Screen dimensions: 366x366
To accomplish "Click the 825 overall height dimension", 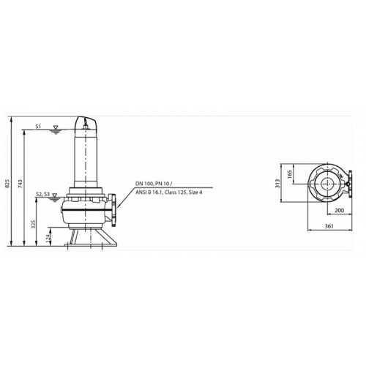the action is click(7, 184).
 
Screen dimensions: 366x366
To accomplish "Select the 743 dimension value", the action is click(20, 184).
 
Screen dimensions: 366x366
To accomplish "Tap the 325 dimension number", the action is click(34, 224).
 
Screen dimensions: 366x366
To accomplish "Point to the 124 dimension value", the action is click(49, 236).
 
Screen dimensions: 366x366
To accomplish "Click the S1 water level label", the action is click(38, 126).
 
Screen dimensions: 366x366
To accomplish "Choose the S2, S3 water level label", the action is click(42, 194).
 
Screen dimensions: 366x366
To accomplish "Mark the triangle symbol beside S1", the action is click(56, 127).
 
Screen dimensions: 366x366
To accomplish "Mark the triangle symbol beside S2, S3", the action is click(55, 195).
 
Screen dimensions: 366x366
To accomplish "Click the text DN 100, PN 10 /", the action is click(155, 183).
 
